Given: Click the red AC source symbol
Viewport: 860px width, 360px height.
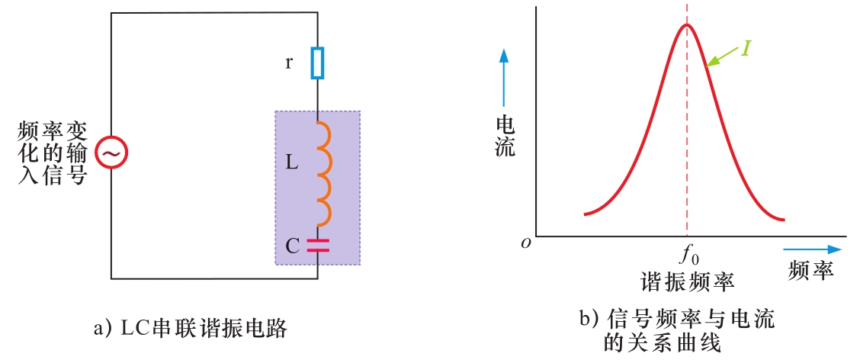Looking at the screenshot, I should [x=111, y=154].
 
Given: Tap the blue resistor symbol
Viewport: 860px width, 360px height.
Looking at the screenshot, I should [x=317, y=63].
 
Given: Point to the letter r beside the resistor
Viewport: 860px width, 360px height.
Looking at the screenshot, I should [x=289, y=63].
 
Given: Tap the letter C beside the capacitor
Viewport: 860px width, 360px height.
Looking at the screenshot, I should [x=292, y=246].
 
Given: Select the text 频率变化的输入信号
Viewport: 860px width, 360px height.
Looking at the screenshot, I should [x=51, y=154].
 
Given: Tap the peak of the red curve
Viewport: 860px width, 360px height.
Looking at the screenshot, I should [x=687, y=25].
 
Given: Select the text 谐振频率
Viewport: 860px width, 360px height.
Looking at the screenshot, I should [x=688, y=281].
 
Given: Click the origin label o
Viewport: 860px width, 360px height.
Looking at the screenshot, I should [x=525, y=243].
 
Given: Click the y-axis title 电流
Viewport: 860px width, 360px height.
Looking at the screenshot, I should [x=505, y=136].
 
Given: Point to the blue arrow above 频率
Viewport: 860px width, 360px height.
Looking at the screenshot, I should [x=811, y=249].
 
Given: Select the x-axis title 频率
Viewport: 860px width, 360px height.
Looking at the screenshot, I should [x=811, y=270].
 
